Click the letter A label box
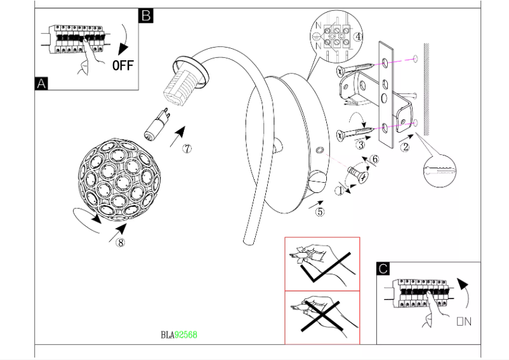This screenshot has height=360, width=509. click(x=42, y=83)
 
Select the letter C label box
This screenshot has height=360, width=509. click(x=383, y=269)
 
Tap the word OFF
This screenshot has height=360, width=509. click(x=123, y=65)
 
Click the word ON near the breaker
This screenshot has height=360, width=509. click(x=463, y=322)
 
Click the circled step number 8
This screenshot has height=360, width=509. click(x=120, y=242)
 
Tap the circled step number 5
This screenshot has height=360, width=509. click(x=320, y=212)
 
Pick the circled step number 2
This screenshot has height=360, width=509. click(x=405, y=148)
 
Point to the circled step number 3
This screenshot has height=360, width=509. click(x=360, y=145)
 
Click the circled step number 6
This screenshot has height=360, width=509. click(x=374, y=159)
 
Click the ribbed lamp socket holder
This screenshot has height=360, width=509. click(x=182, y=85)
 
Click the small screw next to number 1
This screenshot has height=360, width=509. click(x=357, y=173)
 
